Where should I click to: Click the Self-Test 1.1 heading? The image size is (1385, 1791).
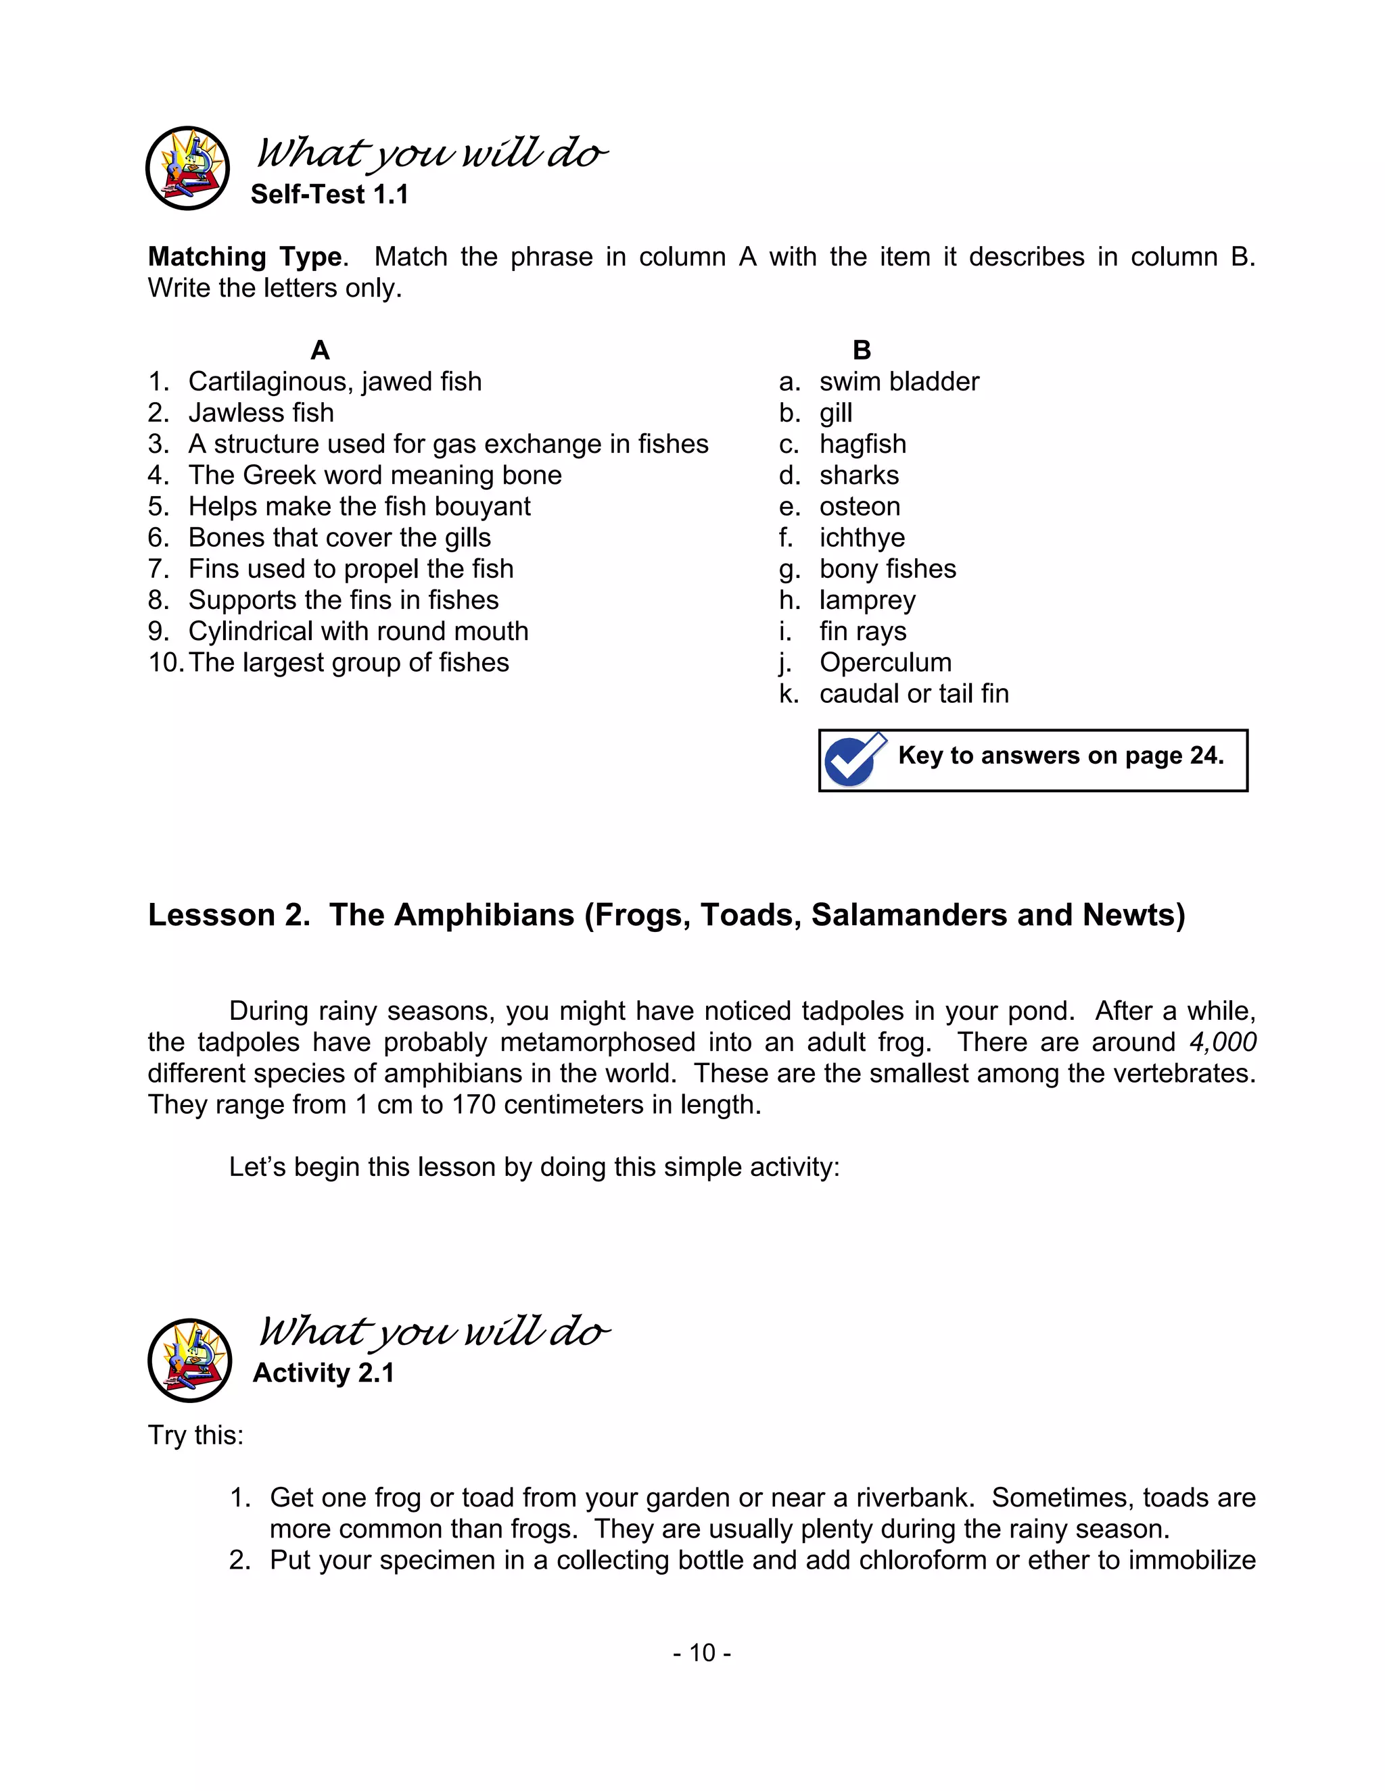tap(329, 195)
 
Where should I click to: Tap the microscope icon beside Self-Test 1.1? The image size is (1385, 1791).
tap(188, 168)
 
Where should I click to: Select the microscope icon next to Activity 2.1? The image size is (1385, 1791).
tap(189, 1360)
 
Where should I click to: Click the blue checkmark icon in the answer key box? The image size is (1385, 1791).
tap(854, 760)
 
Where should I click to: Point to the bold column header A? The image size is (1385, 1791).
tap(320, 350)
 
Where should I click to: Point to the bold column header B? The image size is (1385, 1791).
tap(862, 350)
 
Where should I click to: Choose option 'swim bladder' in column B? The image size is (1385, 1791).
tap(899, 381)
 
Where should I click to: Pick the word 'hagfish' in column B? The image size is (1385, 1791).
tap(862, 443)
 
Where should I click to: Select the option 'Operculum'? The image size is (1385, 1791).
tap(885, 662)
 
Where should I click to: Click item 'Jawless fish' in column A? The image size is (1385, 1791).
tap(261, 412)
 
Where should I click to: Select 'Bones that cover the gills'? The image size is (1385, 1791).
tap(339, 537)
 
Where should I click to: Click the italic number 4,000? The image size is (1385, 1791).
tap(1223, 1042)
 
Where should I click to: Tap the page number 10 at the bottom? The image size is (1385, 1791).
tap(703, 1652)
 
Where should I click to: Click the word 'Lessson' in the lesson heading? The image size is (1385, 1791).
tap(211, 914)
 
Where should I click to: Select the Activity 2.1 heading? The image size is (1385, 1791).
tap(323, 1373)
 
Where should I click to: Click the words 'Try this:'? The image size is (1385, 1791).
tap(195, 1435)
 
